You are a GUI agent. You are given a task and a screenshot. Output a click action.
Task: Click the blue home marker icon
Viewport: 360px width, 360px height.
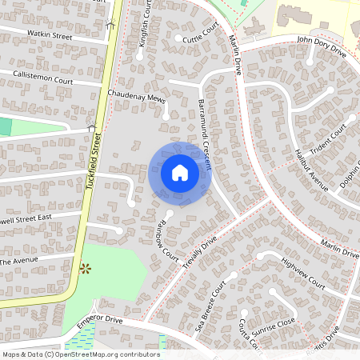(180, 172)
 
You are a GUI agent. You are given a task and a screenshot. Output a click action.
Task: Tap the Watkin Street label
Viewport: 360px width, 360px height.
(50, 37)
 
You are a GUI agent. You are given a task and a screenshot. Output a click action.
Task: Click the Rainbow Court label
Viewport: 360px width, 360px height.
(166, 239)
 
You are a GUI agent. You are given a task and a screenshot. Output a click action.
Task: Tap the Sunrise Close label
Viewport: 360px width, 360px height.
(274, 321)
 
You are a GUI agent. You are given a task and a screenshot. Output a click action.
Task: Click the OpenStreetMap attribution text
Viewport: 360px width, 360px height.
(80, 354)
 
